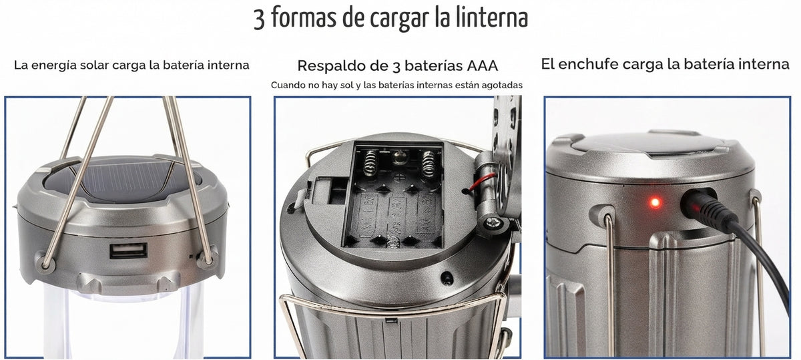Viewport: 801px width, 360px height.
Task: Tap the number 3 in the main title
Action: [259, 19]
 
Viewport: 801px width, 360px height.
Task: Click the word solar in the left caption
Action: [95, 65]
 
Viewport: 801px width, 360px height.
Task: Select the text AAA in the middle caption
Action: [482, 65]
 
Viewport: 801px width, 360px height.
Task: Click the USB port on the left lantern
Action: [128, 250]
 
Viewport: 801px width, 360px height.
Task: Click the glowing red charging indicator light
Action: [655, 202]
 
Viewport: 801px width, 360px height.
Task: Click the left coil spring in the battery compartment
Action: [371, 163]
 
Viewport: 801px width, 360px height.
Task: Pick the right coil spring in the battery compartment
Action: [429, 164]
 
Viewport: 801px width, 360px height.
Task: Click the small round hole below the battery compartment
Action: [447, 277]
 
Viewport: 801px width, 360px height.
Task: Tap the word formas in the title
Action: [304, 18]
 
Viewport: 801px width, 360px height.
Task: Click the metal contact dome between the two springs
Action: [399, 157]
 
